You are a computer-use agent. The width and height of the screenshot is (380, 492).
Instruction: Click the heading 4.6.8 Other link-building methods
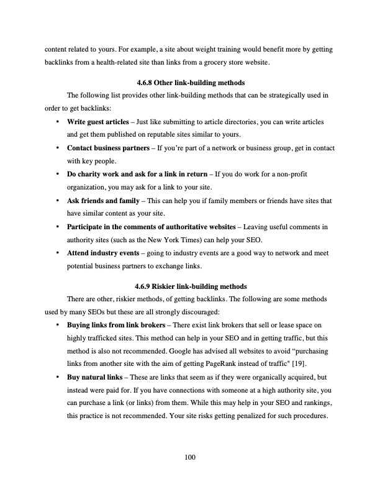190,83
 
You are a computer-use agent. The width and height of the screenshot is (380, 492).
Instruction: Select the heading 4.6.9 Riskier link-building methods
190,286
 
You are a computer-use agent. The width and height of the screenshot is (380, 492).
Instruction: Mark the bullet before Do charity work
58,175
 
